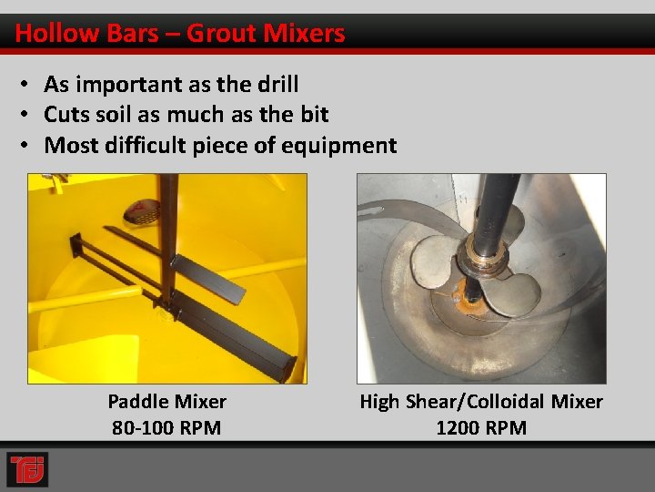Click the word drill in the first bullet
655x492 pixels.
tap(277, 85)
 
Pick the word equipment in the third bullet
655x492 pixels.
tap(342, 145)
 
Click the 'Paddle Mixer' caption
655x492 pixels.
tap(166, 401)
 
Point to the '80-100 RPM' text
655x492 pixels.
tap(166, 427)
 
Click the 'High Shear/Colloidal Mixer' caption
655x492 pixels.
tap(480, 401)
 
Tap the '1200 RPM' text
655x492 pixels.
tap(480, 427)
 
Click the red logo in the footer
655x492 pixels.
tap(26, 469)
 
